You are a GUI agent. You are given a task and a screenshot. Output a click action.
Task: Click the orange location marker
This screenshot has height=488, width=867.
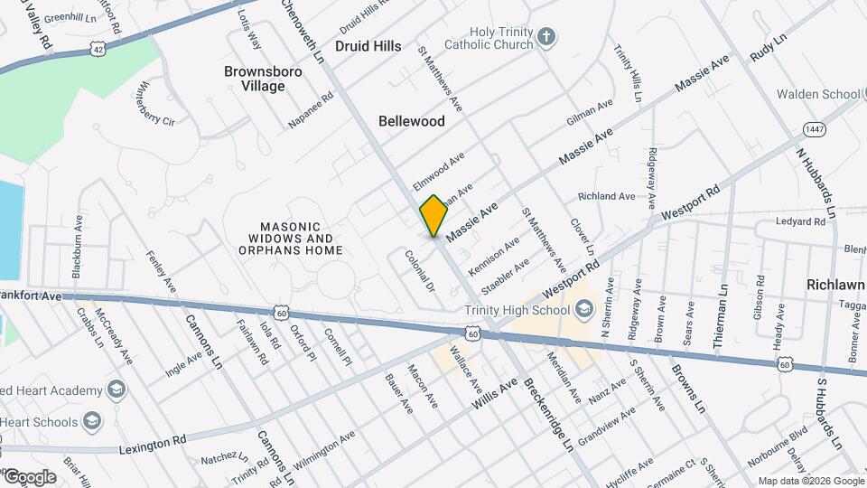[433, 215]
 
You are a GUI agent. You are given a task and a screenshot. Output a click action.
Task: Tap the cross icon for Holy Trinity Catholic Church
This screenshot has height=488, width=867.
[545, 37]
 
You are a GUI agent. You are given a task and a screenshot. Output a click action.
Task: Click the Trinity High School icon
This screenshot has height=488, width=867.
[583, 311]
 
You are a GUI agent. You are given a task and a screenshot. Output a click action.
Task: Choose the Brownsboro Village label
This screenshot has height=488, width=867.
[255, 78]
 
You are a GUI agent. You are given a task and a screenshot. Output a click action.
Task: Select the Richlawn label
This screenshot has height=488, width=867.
[835, 284]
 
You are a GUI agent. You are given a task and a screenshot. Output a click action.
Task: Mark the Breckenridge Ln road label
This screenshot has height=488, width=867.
[547, 413]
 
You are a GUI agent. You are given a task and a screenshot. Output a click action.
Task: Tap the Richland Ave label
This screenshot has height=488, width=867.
[607, 196]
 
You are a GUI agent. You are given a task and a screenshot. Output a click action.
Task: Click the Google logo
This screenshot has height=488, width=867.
[29, 476]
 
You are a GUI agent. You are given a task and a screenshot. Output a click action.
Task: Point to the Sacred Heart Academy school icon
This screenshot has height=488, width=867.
[115, 389]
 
